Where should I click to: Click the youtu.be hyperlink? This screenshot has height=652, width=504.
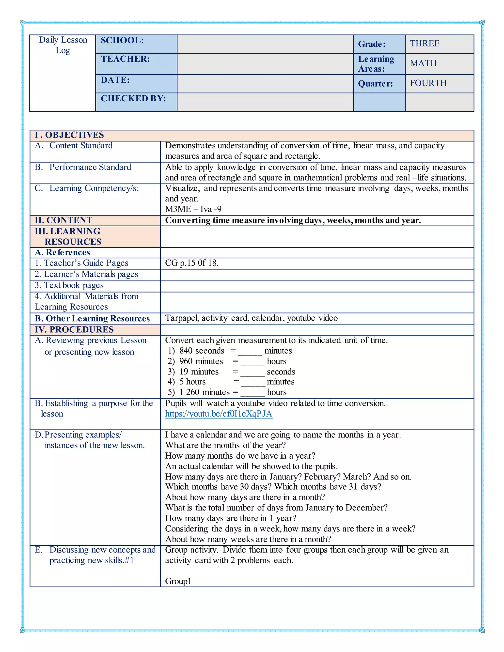(x=219, y=414)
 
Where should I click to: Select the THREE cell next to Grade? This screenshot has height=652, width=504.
(x=424, y=44)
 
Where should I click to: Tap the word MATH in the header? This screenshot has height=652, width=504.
(x=423, y=63)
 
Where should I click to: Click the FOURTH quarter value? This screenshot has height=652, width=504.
(x=428, y=83)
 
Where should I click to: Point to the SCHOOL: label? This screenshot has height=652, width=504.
(x=122, y=41)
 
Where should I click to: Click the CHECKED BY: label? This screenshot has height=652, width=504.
(x=133, y=98)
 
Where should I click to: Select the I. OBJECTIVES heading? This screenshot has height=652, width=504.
(x=69, y=135)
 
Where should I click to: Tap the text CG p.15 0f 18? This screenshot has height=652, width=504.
(x=192, y=263)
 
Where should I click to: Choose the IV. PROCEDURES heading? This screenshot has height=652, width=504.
(x=74, y=330)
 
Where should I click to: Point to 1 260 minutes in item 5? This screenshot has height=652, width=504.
(x=205, y=392)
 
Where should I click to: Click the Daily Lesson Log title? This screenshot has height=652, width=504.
(x=63, y=45)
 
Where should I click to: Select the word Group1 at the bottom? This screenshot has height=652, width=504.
(x=178, y=581)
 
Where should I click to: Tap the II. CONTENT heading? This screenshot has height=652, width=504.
(x=63, y=220)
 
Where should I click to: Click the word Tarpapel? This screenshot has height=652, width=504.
(x=182, y=318)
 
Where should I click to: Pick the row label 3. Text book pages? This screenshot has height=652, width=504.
(x=69, y=285)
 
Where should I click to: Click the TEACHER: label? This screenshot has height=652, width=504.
(x=125, y=59)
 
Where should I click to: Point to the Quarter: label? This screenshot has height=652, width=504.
(x=375, y=84)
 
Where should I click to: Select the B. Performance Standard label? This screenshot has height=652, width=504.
(x=83, y=167)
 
